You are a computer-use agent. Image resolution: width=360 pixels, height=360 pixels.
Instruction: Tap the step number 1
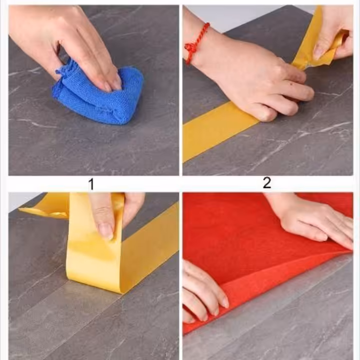(x=91, y=184)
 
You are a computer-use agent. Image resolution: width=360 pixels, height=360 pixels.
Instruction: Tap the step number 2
(x=267, y=183)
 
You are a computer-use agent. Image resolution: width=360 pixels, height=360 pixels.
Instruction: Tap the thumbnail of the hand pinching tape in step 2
(x=319, y=50)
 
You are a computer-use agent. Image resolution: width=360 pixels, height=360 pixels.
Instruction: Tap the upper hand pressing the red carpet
(x=315, y=220)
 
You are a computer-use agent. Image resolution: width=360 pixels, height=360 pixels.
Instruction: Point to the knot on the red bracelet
(x=189, y=48)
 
